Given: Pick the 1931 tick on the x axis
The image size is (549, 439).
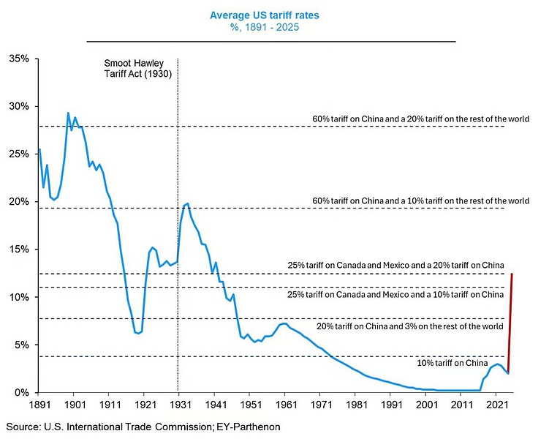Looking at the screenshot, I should [x=178, y=404].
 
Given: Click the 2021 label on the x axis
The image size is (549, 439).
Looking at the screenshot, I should [x=496, y=404].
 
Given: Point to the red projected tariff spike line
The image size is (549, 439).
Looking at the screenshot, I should [x=510, y=322].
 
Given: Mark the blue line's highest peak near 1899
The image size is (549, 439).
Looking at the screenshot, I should [x=68, y=113].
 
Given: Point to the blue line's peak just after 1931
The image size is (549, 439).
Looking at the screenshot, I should [x=188, y=203].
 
